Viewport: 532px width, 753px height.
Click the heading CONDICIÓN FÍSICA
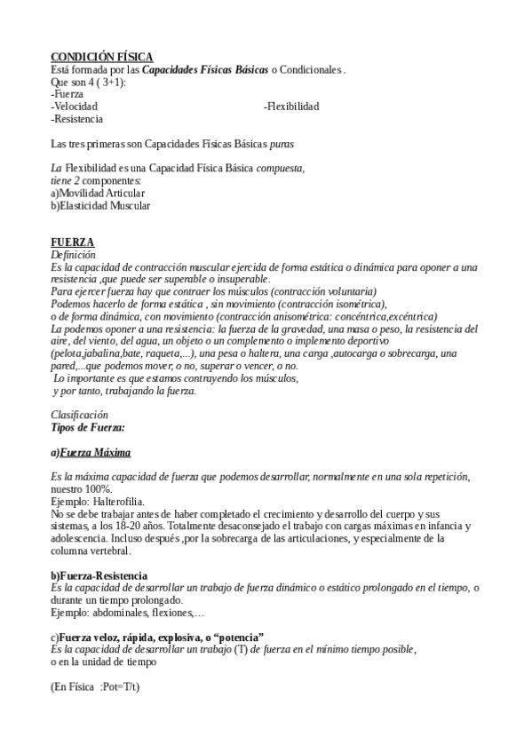click(x=101, y=57)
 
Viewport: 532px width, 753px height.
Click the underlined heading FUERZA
click(x=73, y=242)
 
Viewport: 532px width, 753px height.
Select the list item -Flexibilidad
click(x=291, y=107)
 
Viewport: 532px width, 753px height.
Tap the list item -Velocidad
click(x=74, y=107)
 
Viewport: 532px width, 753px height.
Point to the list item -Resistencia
click(x=76, y=118)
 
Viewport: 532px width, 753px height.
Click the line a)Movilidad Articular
click(x=98, y=193)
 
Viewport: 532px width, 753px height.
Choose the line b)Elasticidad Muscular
click(x=100, y=205)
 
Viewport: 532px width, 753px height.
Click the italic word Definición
click(x=73, y=255)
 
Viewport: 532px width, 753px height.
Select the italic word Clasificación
click(x=79, y=414)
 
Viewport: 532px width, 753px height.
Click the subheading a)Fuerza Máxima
click(x=91, y=452)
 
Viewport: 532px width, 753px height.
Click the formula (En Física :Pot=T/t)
click(x=96, y=686)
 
